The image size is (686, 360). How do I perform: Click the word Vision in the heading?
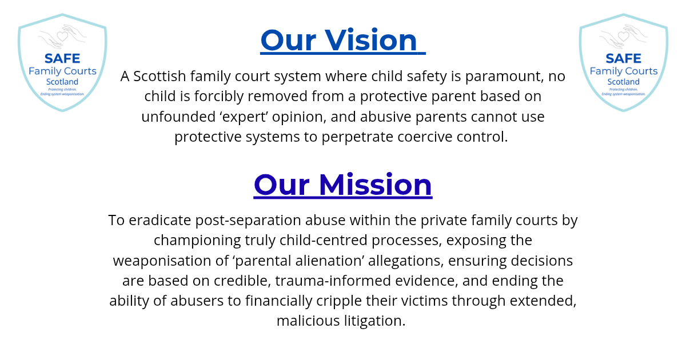370,40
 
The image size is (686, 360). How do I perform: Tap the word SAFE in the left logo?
62,58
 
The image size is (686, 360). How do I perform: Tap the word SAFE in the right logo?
623,58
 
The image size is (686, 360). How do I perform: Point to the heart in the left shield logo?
62,37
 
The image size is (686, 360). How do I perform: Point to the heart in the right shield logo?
623,37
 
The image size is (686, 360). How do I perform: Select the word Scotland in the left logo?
62,82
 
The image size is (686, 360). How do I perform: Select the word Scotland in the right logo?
624,82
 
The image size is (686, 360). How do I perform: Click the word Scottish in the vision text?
159,76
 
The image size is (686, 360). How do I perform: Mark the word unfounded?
178,117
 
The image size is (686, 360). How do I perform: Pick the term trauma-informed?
333,281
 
